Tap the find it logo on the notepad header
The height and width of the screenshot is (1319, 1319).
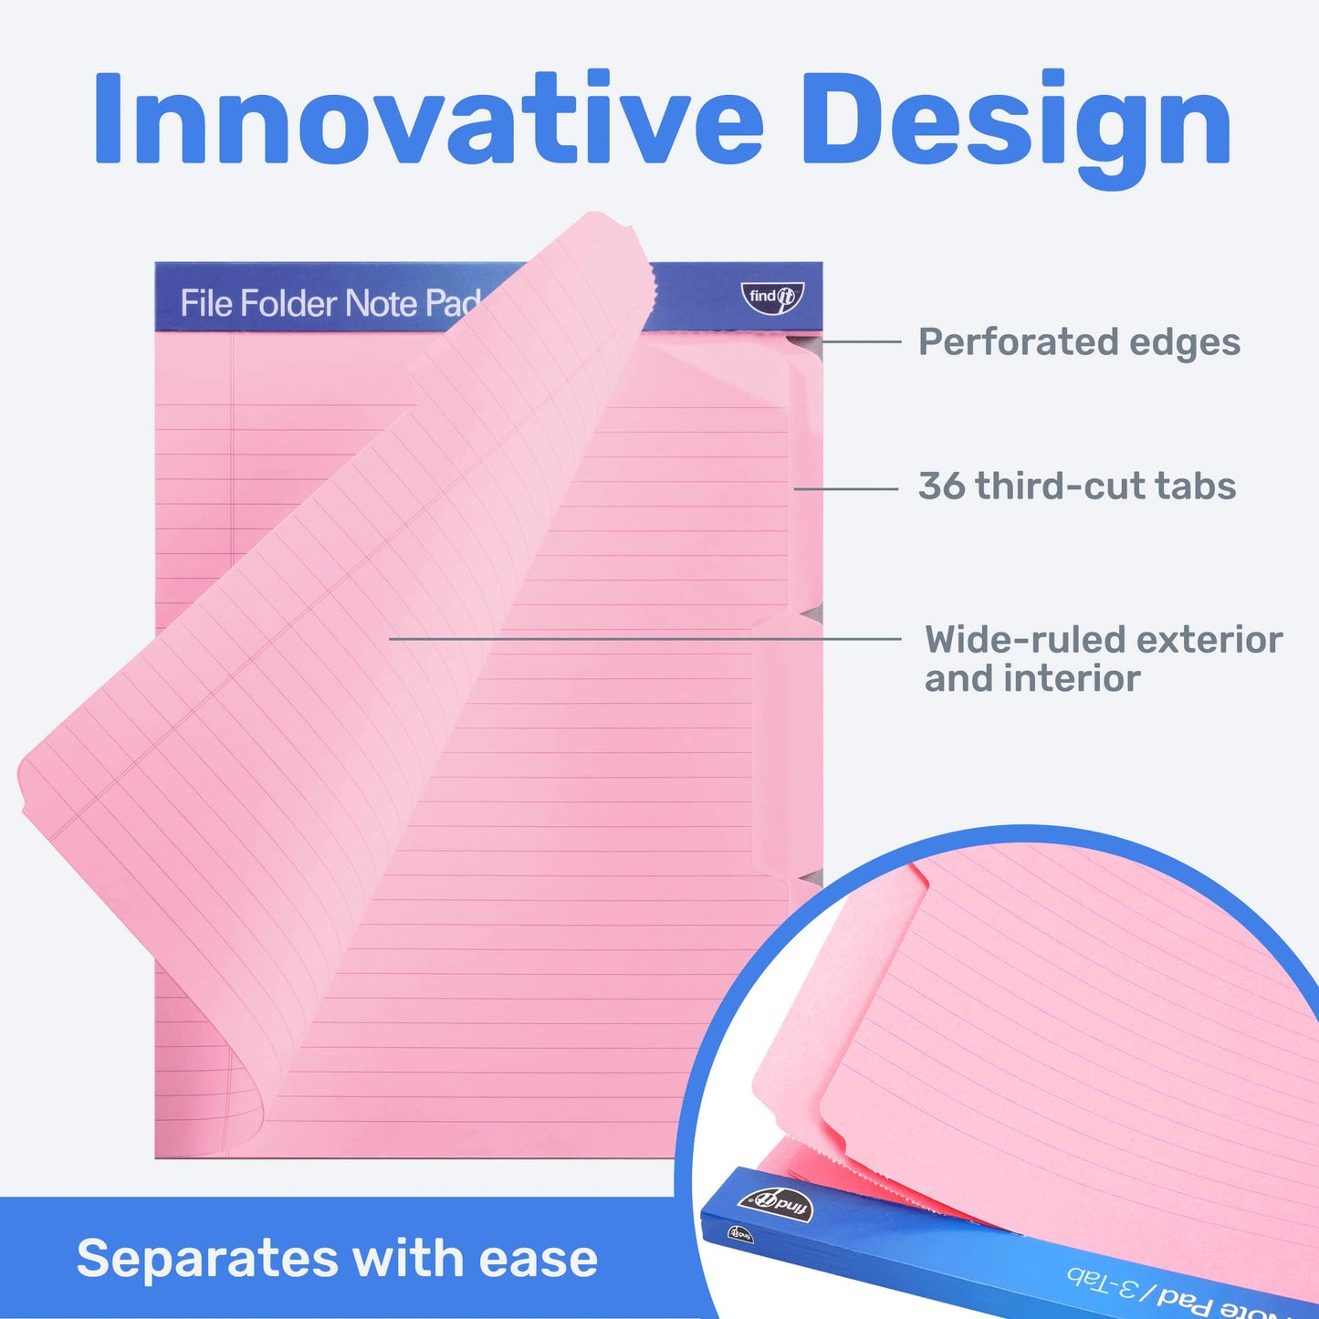click(773, 297)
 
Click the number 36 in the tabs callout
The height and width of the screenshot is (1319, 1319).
click(941, 487)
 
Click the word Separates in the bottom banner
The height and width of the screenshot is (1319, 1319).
click(207, 1259)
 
